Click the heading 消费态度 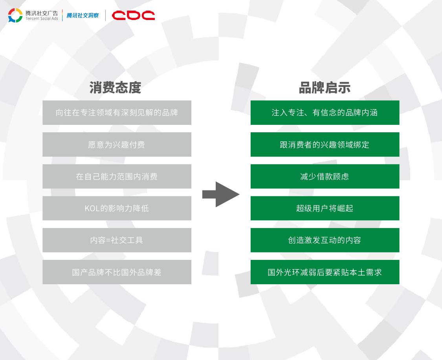(115, 88)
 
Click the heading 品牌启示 (325, 88)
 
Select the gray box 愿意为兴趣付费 (117, 144)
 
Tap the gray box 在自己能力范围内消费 (117, 176)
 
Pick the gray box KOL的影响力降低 (117, 208)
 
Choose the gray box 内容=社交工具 (117, 240)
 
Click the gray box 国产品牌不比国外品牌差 (117, 272)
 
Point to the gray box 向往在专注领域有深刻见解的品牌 (117, 113)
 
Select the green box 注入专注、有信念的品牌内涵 (325, 113)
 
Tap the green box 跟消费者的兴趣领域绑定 (325, 144)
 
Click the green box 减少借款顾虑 (325, 176)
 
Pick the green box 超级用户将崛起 (325, 208)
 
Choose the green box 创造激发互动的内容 (325, 240)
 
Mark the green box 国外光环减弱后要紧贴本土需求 (325, 272)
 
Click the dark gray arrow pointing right (221, 194)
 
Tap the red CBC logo (133, 15)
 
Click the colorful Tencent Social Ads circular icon (15, 15)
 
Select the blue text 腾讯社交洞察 (83, 15)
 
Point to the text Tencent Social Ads (42, 18)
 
